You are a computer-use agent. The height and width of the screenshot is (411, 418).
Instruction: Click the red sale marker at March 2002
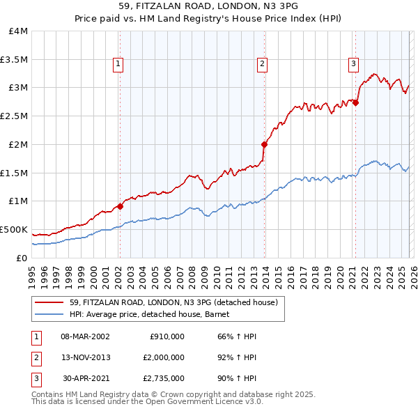click(120, 205)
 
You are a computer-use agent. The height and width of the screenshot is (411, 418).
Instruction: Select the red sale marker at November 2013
click(265, 144)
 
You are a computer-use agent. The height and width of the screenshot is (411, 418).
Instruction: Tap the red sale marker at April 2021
click(356, 102)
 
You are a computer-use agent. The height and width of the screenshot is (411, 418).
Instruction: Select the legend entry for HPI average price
click(154, 314)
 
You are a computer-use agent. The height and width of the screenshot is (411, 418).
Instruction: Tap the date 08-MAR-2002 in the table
click(85, 336)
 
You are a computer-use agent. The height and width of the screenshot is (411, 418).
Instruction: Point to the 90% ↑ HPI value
click(237, 379)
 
